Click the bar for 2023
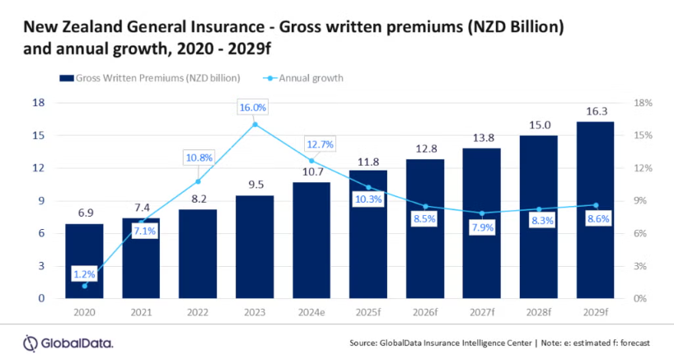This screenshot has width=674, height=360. click(255, 246)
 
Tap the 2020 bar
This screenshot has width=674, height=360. click(85, 260)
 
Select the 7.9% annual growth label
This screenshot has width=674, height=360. click(481, 227)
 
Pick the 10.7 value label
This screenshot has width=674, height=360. click(311, 172)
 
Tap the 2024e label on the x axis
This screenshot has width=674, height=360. click(311, 314)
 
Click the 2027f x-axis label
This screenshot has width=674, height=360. click(482, 314)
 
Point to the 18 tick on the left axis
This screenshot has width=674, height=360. click(37, 103)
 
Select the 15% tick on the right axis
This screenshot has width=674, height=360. click(644, 135)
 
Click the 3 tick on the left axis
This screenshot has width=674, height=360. click(40, 266)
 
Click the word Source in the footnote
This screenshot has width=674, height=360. click(364, 343)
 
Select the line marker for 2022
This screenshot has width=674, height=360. click(198, 181)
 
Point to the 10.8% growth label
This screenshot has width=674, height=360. click(198, 157)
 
